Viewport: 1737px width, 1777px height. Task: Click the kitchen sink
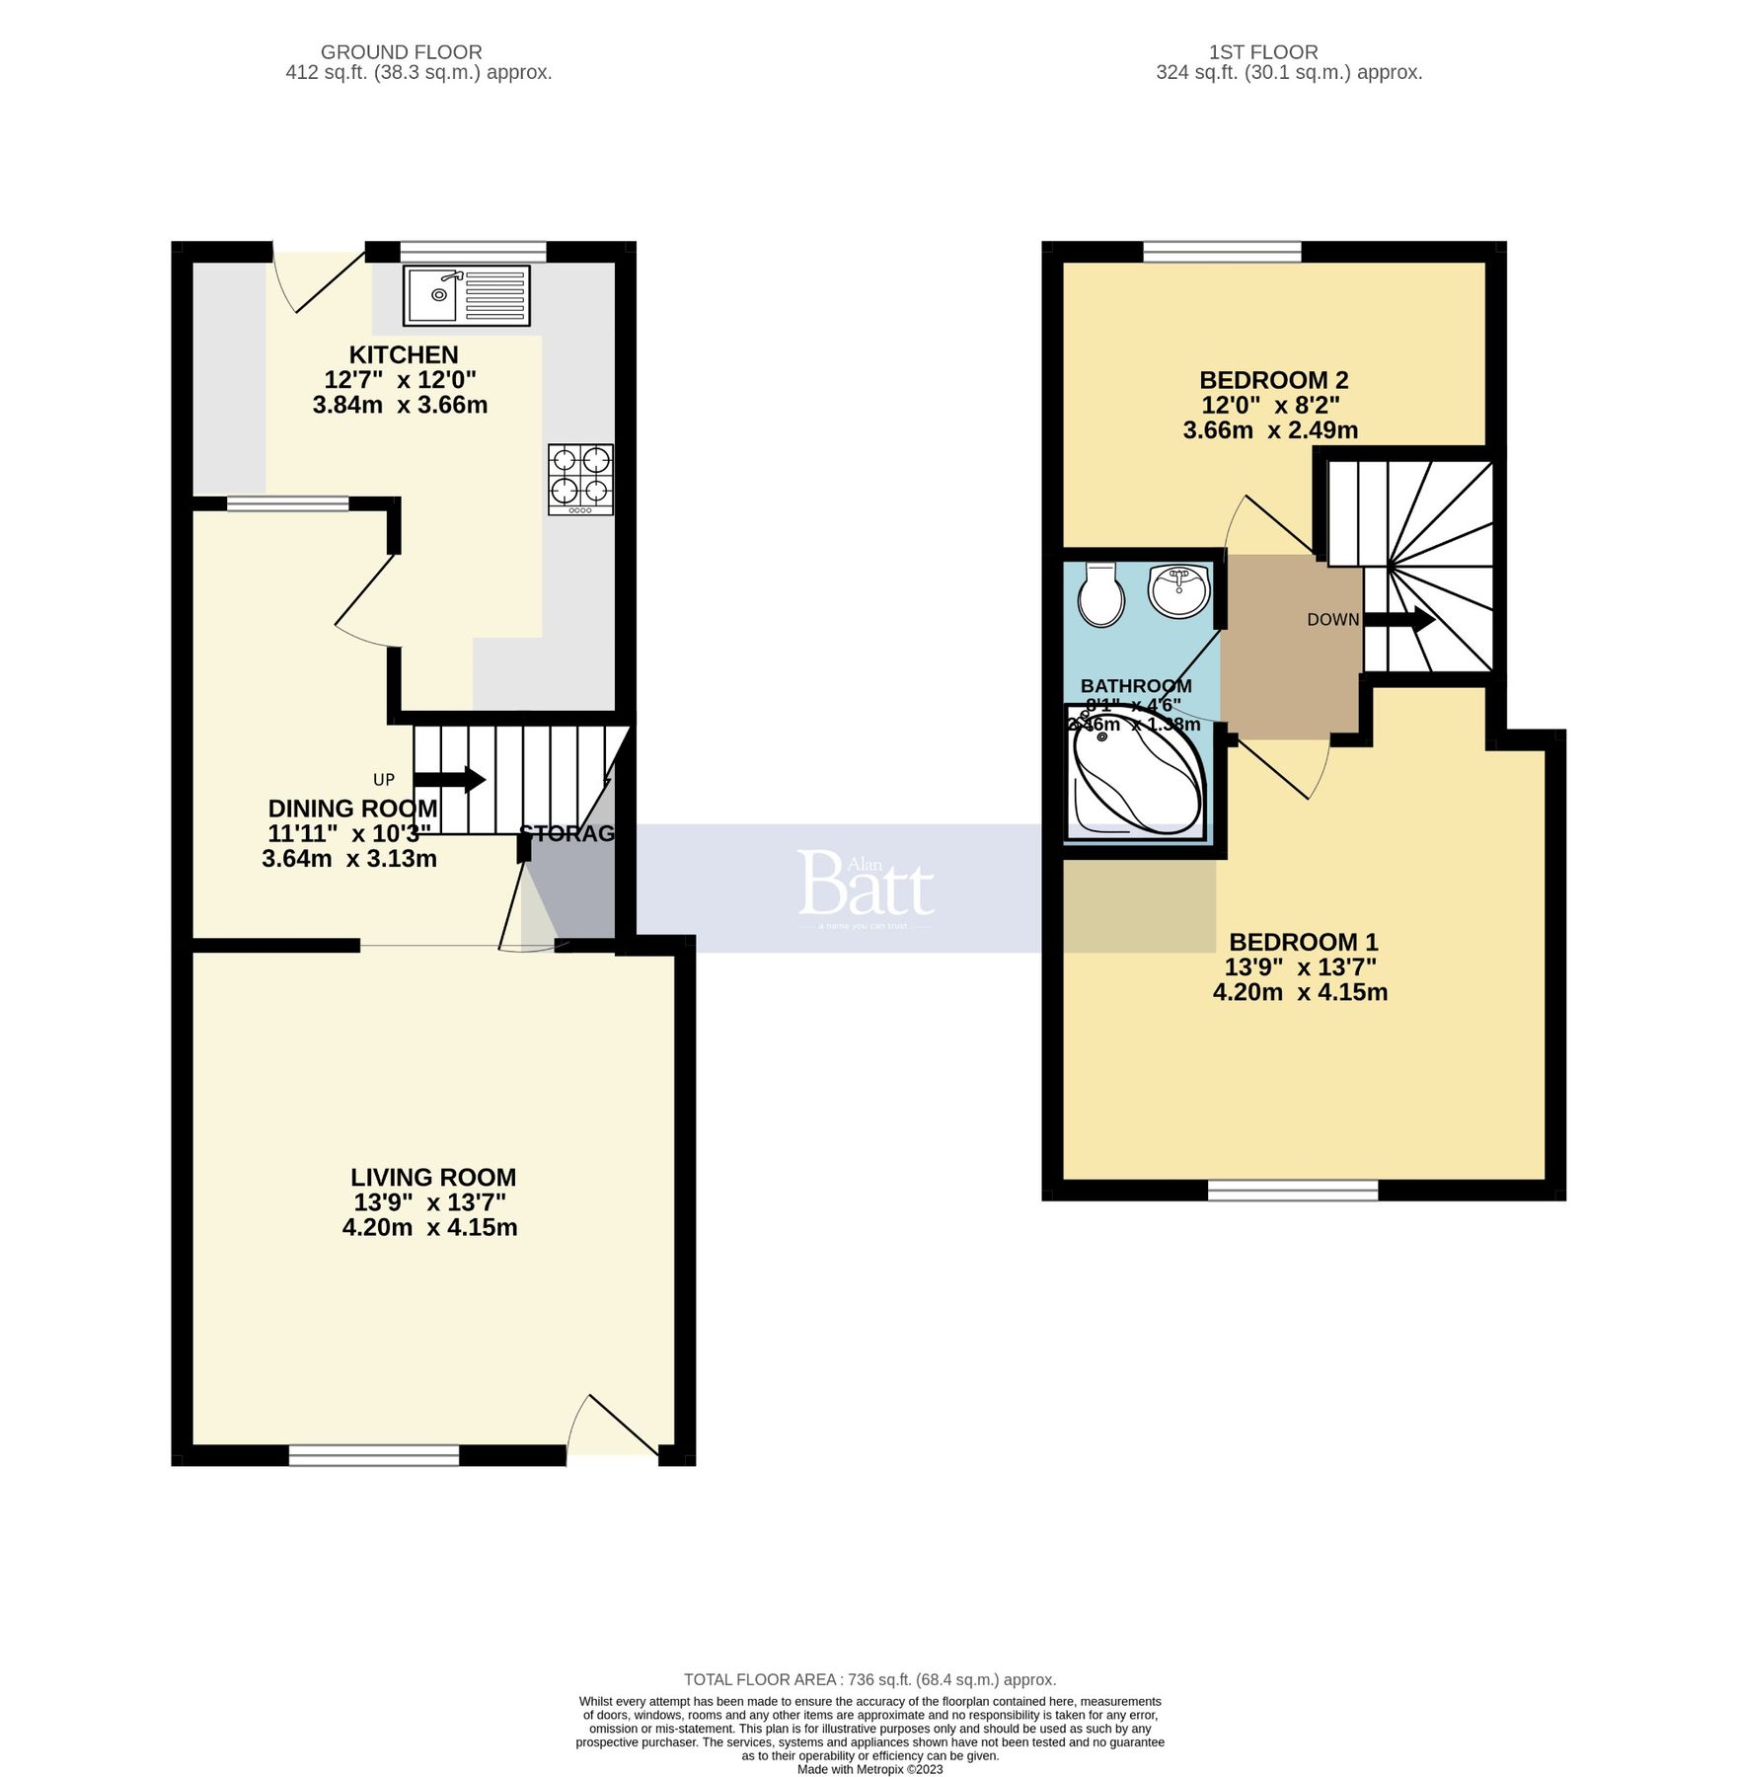[x=466, y=295]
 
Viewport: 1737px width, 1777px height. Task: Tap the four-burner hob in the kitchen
[x=580, y=479]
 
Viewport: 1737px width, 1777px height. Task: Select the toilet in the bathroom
[x=1100, y=594]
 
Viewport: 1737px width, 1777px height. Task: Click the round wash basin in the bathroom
[x=1178, y=591]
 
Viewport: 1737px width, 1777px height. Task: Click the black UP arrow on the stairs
[x=461, y=780]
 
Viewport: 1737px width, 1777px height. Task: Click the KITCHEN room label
[x=404, y=354]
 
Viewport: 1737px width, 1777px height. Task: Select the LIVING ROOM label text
[x=433, y=1177]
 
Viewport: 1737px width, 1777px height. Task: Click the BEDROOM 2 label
[x=1273, y=380]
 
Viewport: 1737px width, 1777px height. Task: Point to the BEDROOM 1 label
[x=1303, y=942]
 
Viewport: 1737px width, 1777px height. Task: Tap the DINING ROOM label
[x=352, y=809]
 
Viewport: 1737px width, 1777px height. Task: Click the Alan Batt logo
[x=866, y=885]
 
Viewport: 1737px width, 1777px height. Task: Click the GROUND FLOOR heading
[x=401, y=51]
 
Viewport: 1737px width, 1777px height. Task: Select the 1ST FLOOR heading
[x=1263, y=51]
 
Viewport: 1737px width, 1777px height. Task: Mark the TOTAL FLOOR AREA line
[x=869, y=1679]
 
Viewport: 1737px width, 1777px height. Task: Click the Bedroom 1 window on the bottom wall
[x=1292, y=1190]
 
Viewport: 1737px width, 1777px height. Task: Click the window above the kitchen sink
[x=473, y=251]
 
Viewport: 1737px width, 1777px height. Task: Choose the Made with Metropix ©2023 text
[x=869, y=1769]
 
